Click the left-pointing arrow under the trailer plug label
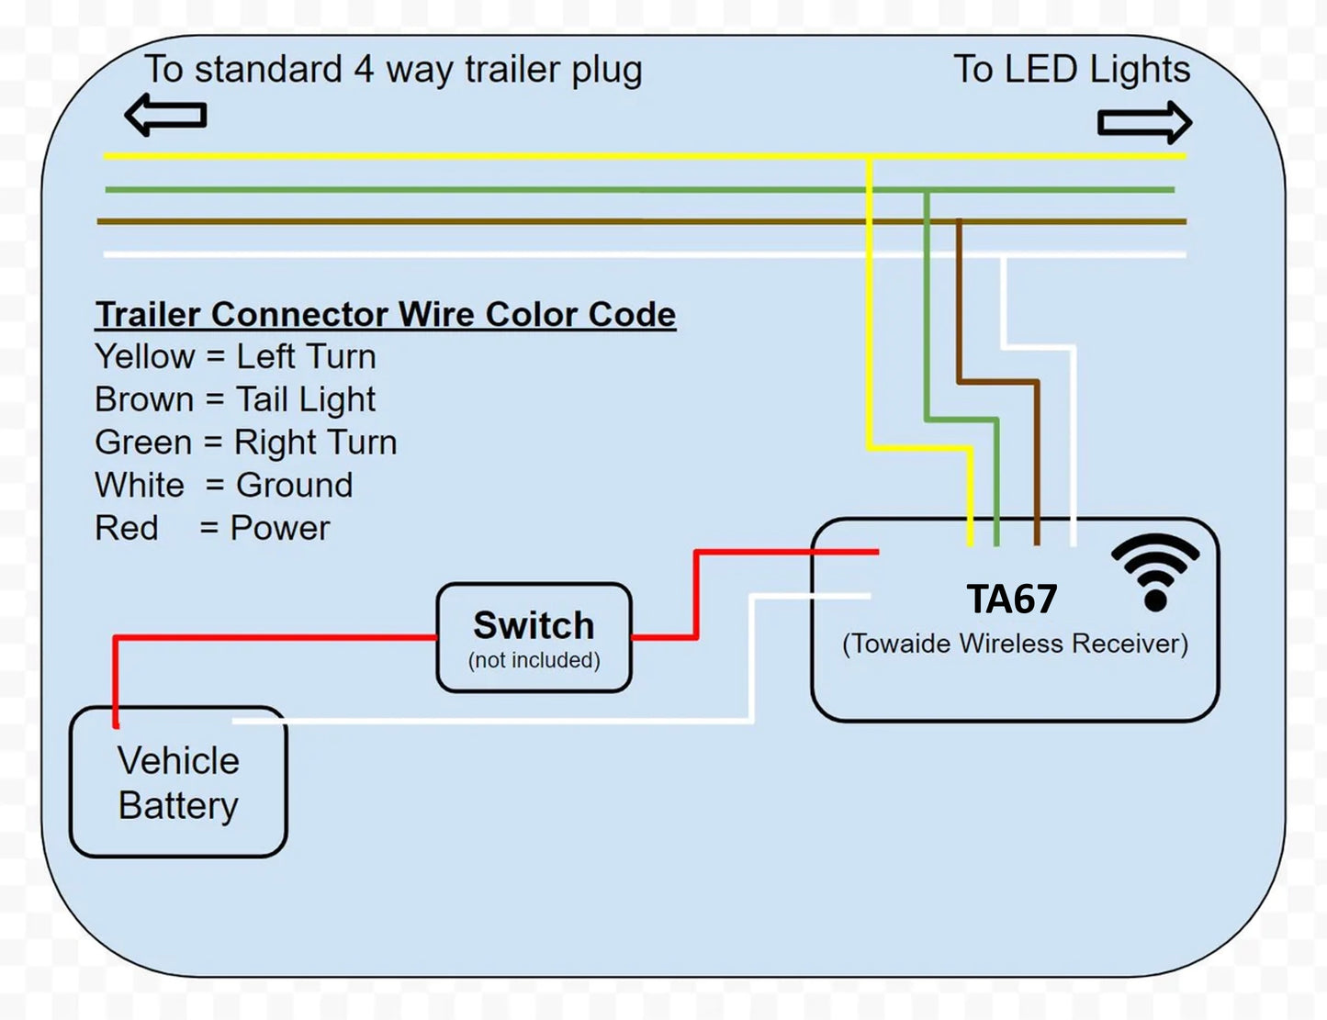coord(165,116)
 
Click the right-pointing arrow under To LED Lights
coord(1144,122)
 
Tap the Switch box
coord(534,637)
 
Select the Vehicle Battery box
coord(178,782)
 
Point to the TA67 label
coord(1012,600)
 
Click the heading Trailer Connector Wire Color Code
coord(386,314)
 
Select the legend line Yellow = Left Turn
coord(235,356)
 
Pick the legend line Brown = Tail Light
coord(235,399)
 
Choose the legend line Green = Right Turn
coord(246,443)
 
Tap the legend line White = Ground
coord(224,485)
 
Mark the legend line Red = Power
coord(212,528)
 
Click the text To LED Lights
coord(1072,70)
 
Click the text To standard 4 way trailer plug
coord(393,70)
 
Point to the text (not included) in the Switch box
coord(534,660)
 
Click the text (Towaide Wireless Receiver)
coord(1015,644)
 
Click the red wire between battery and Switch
coord(276,636)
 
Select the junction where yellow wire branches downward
coord(869,157)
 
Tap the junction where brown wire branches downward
coord(959,221)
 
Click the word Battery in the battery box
coord(178,805)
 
